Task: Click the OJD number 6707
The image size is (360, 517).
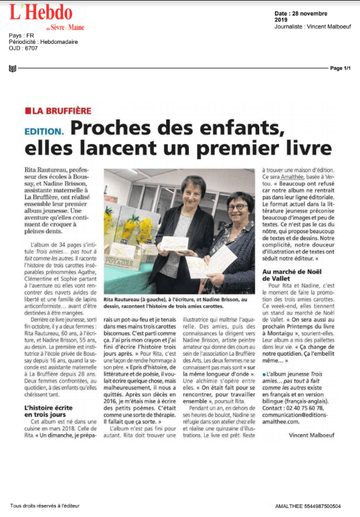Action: click(31, 49)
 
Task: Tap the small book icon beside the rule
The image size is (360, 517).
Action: click(13, 68)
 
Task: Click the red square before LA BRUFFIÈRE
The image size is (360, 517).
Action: click(28, 111)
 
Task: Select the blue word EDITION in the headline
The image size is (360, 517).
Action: click(44, 131)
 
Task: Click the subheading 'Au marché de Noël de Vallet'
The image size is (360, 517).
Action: click(293, 275)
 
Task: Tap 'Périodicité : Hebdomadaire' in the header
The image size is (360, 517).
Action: click(43, 42)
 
